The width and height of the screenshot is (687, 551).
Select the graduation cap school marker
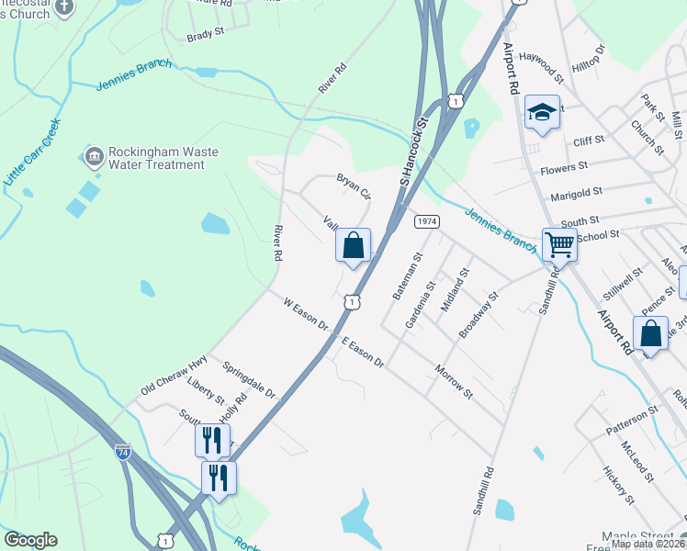pyautogui.click(x=542, y=114)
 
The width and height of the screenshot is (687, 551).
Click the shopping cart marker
pyautogui.click(x=559, y=244)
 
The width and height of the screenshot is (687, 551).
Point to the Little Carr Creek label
pyautogui.click(x=31, y=153)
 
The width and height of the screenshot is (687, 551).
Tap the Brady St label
pyautogui.click(x=206, y=33)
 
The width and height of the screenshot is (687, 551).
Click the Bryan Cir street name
pyautogui.click(x=354, y=186)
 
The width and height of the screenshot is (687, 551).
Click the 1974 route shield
pyautogui.click(x=426, y=222)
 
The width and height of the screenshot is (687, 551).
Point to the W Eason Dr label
pyautogui.click(x=305, y=313)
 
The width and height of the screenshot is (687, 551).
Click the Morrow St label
pyautogui.click(x=454, y=382)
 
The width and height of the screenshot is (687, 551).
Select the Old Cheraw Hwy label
pyautogui.click(x=174, y=377)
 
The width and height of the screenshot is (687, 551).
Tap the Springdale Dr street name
pyautogui.click(x=249, y=379)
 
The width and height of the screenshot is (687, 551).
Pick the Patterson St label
pyautogui.click(x=632, y=421)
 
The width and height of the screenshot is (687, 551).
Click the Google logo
pyautogui.click(x=30, y=540)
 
